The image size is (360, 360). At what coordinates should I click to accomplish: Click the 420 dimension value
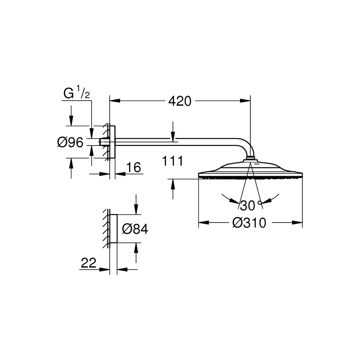(180, 101)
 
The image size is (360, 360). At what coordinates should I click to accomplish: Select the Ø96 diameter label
(70, 142)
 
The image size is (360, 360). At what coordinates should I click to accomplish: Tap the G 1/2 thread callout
(76, 92)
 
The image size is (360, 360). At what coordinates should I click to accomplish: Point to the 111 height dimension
(173, 161)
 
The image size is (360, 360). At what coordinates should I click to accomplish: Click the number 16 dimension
(134, 167)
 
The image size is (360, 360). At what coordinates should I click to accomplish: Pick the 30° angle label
(251, 205)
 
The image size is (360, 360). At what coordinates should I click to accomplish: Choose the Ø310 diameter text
(249, 223)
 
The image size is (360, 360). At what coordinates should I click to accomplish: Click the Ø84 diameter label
(135, 229)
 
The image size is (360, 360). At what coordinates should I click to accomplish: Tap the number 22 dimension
(89, 263)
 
